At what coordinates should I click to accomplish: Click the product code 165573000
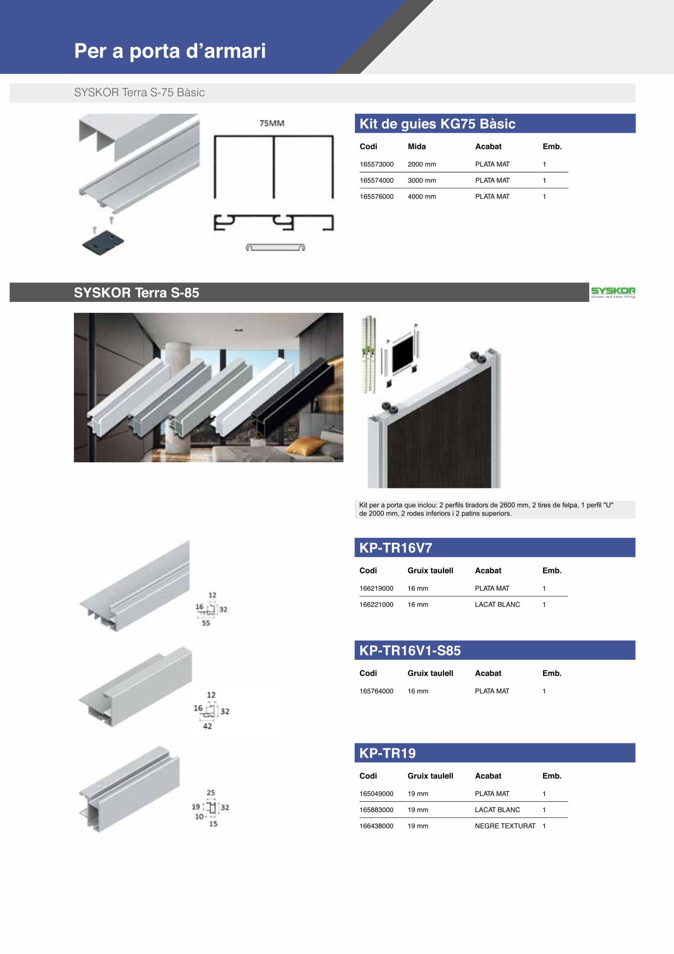click(376, 164)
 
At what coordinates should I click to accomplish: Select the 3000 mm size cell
click(422, 181)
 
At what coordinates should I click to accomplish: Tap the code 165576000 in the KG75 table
click(376, 197)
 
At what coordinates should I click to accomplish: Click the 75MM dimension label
click(272, 123)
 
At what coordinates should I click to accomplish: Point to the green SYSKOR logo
click(613, 292)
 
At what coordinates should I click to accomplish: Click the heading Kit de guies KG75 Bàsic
click(438, 124)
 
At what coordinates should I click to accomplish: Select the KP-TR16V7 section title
click(396, 548)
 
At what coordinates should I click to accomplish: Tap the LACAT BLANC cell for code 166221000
click(497, 605)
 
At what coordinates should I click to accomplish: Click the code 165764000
click(376, 691)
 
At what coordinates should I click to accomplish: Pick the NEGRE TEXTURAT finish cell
click(505, 826)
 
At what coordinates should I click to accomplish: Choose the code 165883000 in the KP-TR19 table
click(376, 810)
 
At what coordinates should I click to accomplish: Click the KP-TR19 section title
click(388, 753)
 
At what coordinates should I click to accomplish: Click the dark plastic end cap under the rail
click(103, 243)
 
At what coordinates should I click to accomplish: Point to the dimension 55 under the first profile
click(206, 623)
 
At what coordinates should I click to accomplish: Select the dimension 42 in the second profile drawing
click(207, 726)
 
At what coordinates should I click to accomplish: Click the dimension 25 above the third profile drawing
click(211, 793)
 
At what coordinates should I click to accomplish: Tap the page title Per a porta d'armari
click(170, 51)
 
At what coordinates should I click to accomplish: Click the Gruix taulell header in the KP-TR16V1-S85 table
click(430, 673)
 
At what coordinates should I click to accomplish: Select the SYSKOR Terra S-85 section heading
click(136, 293)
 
